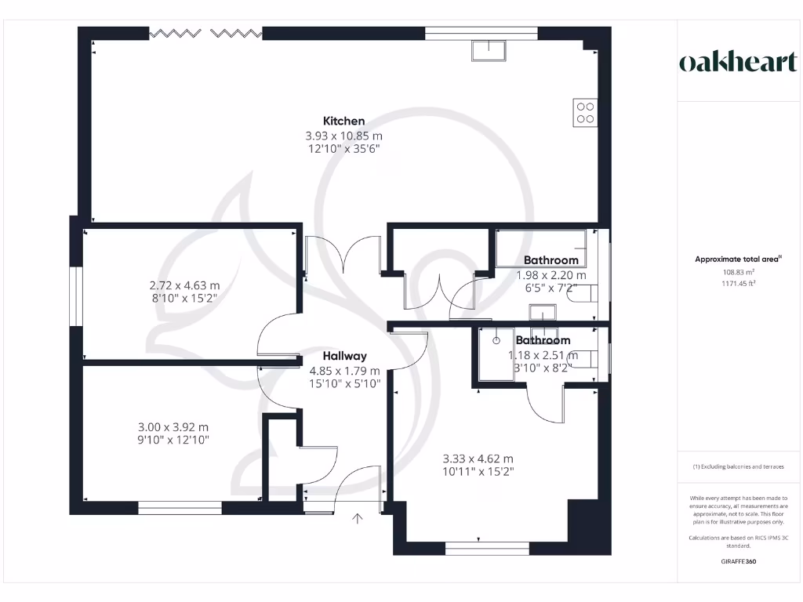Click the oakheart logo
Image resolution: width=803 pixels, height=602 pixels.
[x=738, y=62]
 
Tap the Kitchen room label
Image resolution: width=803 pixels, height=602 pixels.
[x=343, y=121]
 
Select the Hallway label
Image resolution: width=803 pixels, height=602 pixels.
[x=345, y=357]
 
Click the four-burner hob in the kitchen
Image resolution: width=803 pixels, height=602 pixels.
[x=585, y=113]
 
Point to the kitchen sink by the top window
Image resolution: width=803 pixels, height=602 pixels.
[x=489, y=51]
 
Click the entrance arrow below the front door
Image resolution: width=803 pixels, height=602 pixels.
[x=358, y=519]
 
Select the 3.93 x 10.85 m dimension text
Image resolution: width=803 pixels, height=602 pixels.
[x=343, y=136]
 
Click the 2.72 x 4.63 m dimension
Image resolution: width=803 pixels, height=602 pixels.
[x=184, y=285]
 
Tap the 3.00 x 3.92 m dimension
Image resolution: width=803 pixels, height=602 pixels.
[x=173, y=427]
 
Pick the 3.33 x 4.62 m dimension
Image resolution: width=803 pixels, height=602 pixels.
[x=478, y=459]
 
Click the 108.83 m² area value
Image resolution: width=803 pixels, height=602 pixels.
[x=739, y=272]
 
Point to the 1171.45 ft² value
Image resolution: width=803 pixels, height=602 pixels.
[x=739, y=283]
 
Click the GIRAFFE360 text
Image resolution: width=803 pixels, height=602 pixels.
[x=739, y=561]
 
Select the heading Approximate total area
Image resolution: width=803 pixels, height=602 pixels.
[x=738, y=259]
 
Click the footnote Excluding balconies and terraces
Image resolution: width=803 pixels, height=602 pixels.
[x=739, y=467]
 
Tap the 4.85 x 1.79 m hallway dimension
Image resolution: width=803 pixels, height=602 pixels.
[x=345, y=371]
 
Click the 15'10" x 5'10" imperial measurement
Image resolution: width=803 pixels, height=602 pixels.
[x=345, y=383]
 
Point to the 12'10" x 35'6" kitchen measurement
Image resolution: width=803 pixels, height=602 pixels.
[x=343, y=148]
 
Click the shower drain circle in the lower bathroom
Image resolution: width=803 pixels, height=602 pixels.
[x=496, y=340]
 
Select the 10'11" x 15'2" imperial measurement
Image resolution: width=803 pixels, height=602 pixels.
[x=478, y=471]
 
